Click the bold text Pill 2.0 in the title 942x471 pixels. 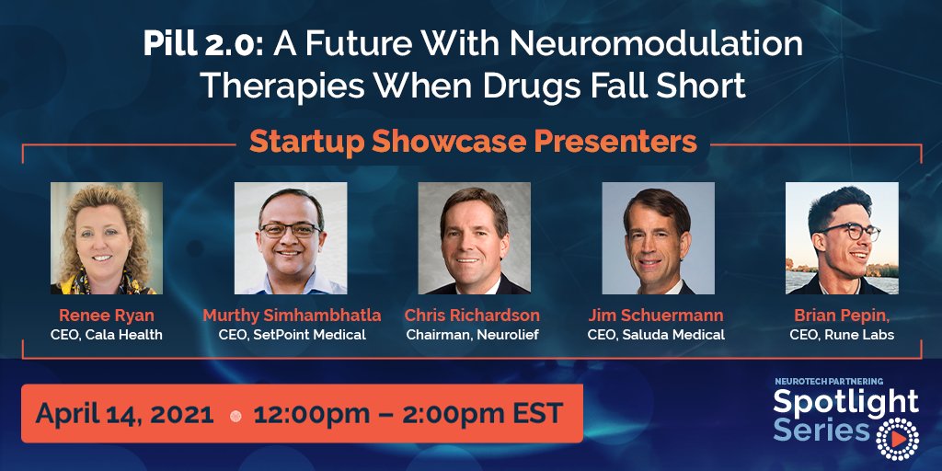[x=190, y=44]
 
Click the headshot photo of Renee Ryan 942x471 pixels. [x=107, y=238]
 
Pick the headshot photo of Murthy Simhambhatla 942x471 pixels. [x=291, y=238]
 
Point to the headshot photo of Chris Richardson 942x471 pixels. [x=474, y=238]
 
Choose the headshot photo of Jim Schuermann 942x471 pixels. [x=658, y=238]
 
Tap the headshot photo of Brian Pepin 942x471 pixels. [x=842, y=238]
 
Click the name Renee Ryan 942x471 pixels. [x=106, y=316]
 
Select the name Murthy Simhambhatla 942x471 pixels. [x=292, y=316]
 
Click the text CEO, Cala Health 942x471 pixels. [x=107, y=335]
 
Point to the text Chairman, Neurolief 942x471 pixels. [x=473, y=335]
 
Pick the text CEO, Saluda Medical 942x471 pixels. [x=656, y=335]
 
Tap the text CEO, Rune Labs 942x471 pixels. [x=841, y=335]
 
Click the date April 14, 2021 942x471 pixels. [x=124, y=413]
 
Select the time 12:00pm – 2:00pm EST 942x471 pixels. [x=408, y=413]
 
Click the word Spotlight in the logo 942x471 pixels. [x=844, y=401]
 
